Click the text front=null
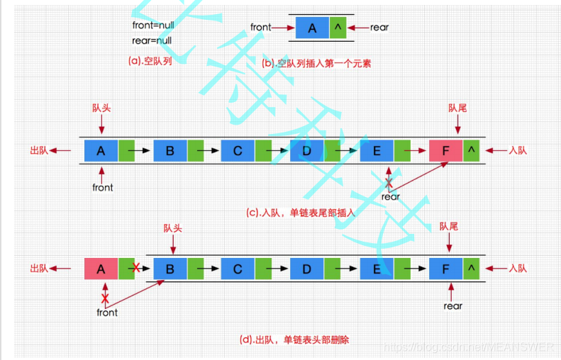[152, 26]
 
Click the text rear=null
[152, 41]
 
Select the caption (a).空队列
[150, 61]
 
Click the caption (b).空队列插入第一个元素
[316, 63]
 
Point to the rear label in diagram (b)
[379, 28]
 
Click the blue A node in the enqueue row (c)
[101, 150]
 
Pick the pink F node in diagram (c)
[445, 150]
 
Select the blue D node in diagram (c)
[306, 150]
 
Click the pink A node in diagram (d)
[101, 269]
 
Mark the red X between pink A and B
[135, 269]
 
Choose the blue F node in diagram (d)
[445, 269]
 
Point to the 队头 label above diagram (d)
[173, 228]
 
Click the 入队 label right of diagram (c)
[518, 150]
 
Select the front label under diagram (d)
[107, 312]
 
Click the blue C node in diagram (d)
[238, 269]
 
